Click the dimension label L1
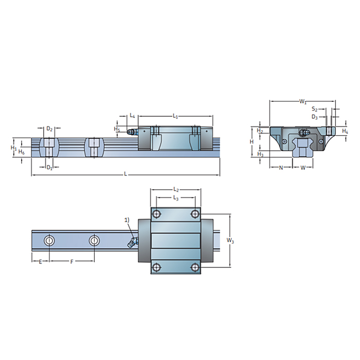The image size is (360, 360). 175,116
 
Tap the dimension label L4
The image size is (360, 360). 132,116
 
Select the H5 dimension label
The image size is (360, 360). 117,129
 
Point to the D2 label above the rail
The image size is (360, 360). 49,129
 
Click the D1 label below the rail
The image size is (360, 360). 49,167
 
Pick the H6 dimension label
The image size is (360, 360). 21,152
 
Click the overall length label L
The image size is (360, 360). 125,174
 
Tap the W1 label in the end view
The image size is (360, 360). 303,102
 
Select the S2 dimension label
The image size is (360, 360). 315,109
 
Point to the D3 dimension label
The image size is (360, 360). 315,117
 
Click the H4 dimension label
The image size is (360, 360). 345,132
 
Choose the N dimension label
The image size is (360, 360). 281,167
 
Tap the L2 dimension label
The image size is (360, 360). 175,189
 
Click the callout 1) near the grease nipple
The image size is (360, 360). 128,220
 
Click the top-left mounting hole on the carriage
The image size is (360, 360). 157,214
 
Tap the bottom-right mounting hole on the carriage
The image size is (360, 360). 194,267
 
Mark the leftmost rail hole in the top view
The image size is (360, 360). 49,240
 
